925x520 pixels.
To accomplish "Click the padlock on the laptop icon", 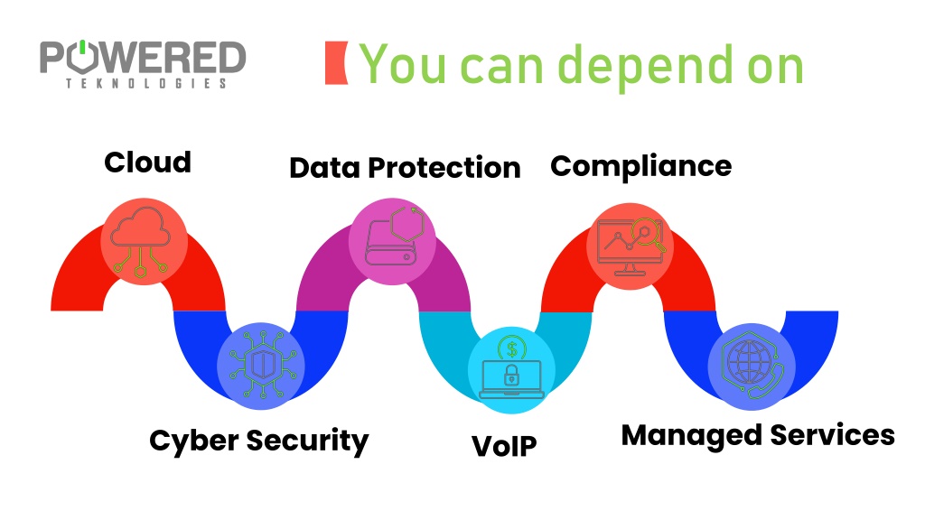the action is point(511,375).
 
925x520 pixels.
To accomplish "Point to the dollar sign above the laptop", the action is point(511,349).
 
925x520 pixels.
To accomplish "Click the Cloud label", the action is point(147,162).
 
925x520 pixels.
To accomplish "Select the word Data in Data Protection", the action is point(324,168).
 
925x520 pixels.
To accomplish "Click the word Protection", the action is point(444,168).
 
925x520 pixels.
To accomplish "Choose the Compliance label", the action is point(641,167).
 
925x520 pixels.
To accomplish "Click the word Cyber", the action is point(194,441).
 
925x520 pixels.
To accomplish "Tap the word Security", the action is point(307,441).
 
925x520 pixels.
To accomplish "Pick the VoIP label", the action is point(504,446).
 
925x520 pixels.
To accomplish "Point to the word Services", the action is point(832,435).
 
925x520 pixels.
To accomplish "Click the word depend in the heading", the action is point(648,66).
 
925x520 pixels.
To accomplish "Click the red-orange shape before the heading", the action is point(336,62).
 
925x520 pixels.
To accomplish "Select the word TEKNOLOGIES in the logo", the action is point(145,84).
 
